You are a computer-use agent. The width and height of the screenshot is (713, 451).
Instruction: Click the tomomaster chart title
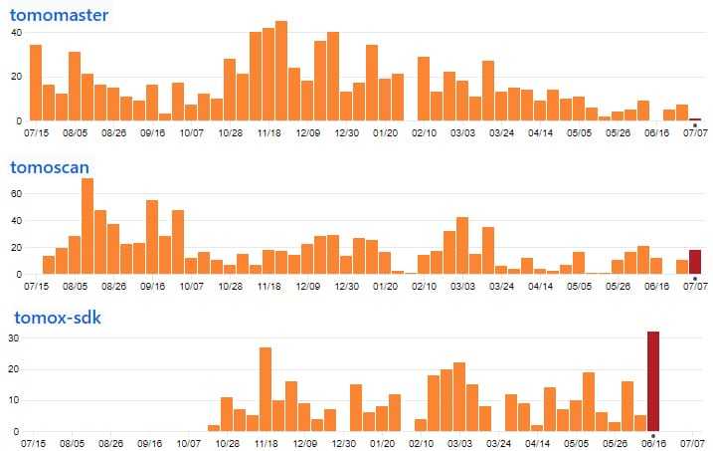[60, 15]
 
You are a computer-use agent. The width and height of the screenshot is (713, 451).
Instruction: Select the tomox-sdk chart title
[56, 318]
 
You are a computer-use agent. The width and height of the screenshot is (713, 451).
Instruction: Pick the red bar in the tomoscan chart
[695, 262]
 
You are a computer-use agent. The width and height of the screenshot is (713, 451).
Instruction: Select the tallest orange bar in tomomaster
[281, 71]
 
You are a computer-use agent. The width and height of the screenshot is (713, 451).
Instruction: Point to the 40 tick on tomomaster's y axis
[16, 33]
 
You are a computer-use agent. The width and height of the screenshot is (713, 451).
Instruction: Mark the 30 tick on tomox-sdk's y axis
[16, 338]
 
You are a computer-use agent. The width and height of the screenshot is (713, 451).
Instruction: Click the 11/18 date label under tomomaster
[268, 132]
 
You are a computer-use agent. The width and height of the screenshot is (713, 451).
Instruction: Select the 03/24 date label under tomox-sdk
[501, 443]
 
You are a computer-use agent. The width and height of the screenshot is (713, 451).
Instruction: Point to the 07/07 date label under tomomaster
[695, 132]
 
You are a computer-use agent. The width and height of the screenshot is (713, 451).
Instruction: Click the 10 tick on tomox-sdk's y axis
[16, 400]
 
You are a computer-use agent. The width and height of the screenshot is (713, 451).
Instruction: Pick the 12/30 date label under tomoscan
[346, 286]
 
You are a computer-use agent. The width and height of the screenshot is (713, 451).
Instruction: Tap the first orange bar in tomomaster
[36, 83]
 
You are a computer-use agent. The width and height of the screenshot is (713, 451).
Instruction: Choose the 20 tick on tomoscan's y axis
[16, 247]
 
